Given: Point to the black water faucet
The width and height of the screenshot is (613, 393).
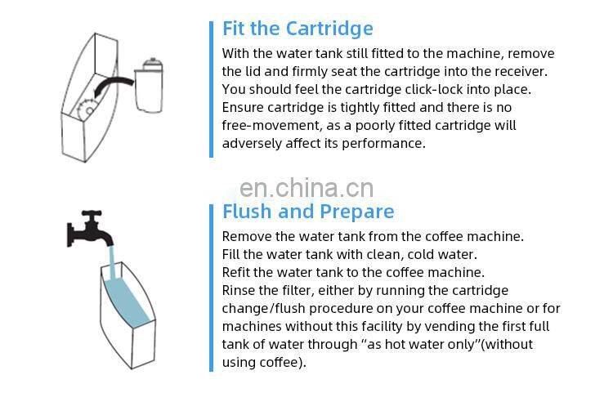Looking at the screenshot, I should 91,229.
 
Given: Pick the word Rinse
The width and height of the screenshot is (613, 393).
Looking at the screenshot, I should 239,290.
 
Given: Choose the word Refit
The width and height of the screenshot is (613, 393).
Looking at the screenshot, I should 239,272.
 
